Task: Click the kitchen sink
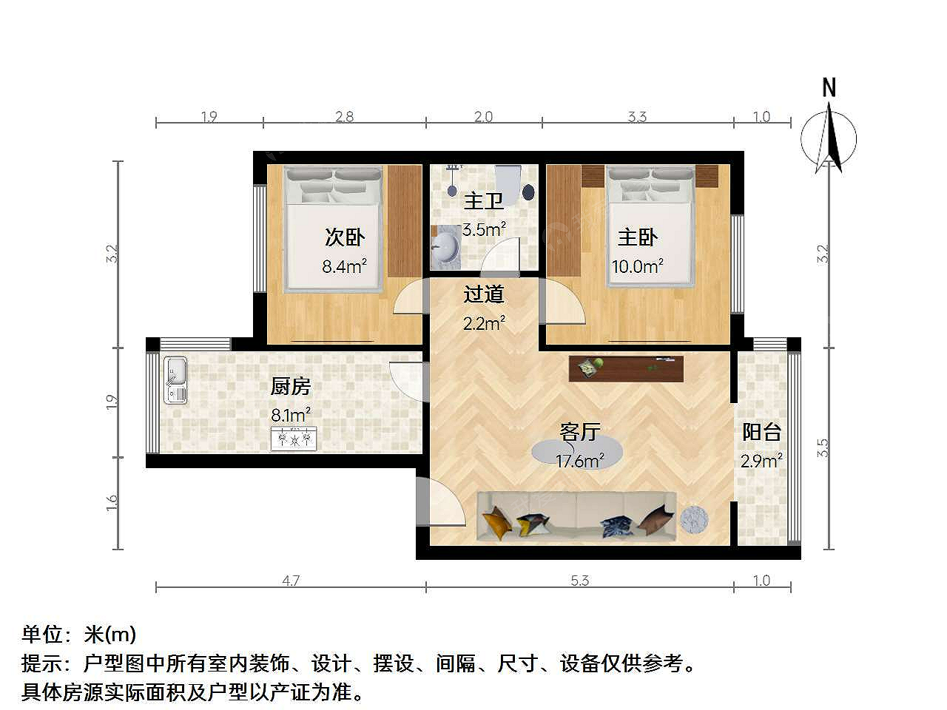[x=175, y=380]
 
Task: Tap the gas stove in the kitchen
[x=294, y=439]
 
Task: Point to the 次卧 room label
[x=345, y=237]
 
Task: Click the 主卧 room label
[x=637, y=237]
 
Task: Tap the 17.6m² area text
[x=579, y=461]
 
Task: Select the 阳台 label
[x=761, y=431]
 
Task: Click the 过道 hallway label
[x=483, y=294]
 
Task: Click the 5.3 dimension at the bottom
[x=579, y=581]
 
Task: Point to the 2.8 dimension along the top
[x=344, y=116]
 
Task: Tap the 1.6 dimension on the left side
[x=111, y=503]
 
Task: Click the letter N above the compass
[x=829, y=87]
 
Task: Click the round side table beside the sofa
[x=694, y=518]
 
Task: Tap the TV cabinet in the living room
[x=626, y=368]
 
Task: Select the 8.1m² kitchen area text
[x=290, y=414]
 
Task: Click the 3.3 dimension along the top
[x=637, y=116]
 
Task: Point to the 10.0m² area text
[x=637, y=266]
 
